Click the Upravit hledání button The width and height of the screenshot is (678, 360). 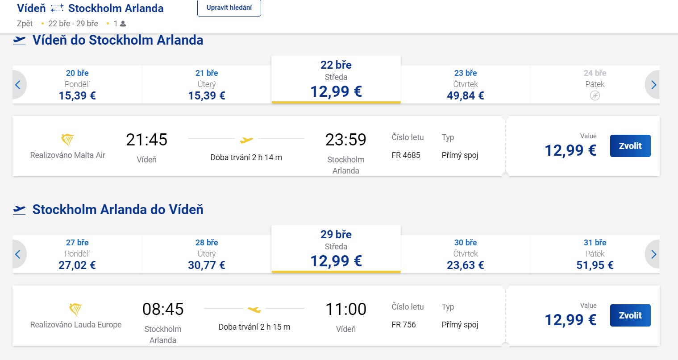pyautogui.click(x=229, y=8)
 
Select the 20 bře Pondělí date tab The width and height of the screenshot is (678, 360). pyautogui.click(x=77, y=84)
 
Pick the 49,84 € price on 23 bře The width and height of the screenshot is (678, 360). pyautogui.click(x=465, y=95)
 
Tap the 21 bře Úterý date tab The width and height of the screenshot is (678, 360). pyautogui.click(x=207, y=84)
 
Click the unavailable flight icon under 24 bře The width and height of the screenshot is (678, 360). pyautogui.click(x=595, y=95)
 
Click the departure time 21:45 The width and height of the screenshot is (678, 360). pyautogui.click(x=146, y=140)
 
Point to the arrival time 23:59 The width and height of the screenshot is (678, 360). pyautogui.click(x=345, y=140)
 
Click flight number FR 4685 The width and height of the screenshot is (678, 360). pyautogui.click(x=406, y=155)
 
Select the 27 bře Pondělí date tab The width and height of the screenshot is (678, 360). pyautogui.click(x=77, y=254)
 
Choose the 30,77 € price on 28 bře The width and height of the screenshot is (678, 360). pyautogui.click(x=207, y=265)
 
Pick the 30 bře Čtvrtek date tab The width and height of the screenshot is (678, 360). pyautogui.click(x=465, y=254)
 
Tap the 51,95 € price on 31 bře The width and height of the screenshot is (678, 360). pyautogui.click(x=595, y=265)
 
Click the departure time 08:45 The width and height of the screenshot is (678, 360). pyautogui.click(x=163, y=309)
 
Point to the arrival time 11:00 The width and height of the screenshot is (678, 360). pyautogui.click(x=345, y=309)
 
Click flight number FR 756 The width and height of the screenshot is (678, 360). pyautogui.click(x=403, y=325)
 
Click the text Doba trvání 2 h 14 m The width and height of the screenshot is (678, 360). pyautogui.click(x=246, y=157)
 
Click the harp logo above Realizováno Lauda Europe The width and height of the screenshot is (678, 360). pyautogui.click(x=76, y=309)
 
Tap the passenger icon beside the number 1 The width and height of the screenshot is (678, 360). pyautogui.click(x=123, y=24)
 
